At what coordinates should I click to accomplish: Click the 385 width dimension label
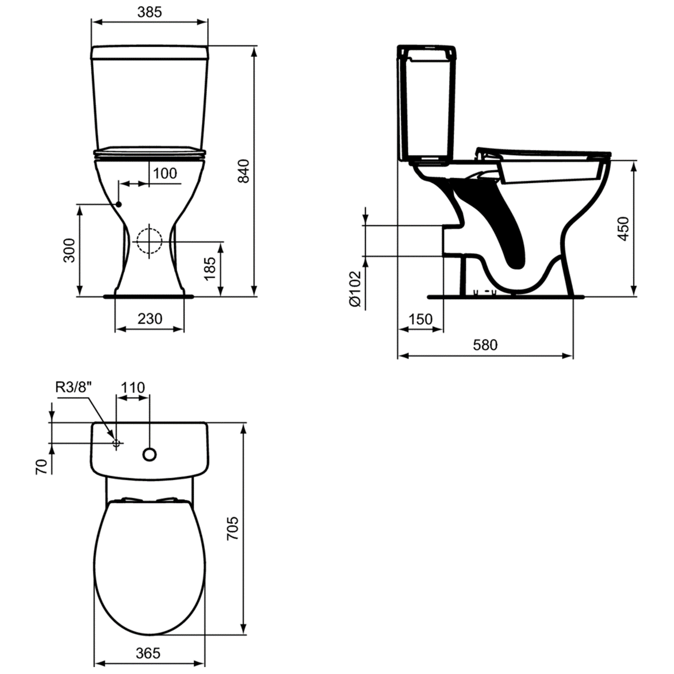pos(150,11)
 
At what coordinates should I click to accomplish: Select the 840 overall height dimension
pos(244,171)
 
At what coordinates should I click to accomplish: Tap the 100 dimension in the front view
pos(166,173)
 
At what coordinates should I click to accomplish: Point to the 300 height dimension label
pos(69,250)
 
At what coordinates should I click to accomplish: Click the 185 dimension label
pos(210,269)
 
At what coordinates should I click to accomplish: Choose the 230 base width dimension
pos(150,318)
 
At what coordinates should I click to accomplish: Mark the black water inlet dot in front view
pos(119,204)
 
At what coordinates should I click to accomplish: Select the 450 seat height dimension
pos(623,228)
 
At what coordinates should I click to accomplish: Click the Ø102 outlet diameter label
pos(355,289)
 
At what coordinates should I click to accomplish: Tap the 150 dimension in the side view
pos(420,319)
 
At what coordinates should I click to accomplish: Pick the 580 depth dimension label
pos(485,345)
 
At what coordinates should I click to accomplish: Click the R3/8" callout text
pos(73,388)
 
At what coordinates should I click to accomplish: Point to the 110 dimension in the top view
pos(133,388)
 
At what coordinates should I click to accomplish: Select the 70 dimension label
pos(41,466)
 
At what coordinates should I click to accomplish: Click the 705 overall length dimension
pos(232,528)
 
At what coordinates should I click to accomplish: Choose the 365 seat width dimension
pos(148,653)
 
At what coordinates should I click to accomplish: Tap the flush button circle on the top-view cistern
pos(150,454)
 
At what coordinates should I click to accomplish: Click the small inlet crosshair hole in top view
pos(116,443)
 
